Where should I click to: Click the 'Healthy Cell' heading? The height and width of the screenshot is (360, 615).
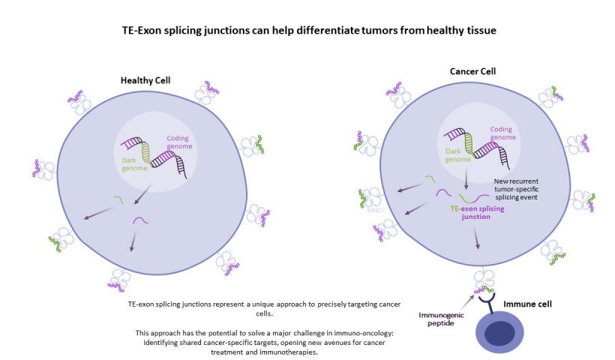tap(145, 80)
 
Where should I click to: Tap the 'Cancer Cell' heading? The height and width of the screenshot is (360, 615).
tap(472, 71)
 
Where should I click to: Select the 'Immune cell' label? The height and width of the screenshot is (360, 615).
tap(527, 304)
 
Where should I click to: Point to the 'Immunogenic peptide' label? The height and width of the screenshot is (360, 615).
tap(441, 319)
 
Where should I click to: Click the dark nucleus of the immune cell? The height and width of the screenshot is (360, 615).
tap(499, 333)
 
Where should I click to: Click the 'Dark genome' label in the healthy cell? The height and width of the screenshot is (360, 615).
tap(134, 164)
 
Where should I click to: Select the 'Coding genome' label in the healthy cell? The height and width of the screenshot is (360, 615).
tap(179, 142)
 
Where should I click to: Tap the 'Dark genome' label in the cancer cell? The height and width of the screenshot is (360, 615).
tap(457, 155)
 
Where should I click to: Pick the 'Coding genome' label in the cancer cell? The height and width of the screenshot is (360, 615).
tap(502, 133)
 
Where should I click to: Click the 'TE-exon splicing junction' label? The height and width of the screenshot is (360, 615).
tap(477, 212)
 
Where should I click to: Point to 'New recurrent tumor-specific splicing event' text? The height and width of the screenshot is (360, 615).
tap(516, 189)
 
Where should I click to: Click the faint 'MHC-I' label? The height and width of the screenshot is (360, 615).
tap(376, 211)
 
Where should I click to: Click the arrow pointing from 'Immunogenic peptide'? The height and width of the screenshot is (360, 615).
tap(467, 302)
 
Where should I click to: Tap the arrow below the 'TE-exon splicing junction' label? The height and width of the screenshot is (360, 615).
tap(476, 238)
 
